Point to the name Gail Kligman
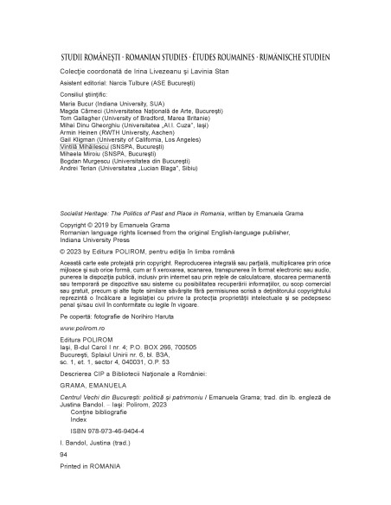80,140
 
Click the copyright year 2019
102,222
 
